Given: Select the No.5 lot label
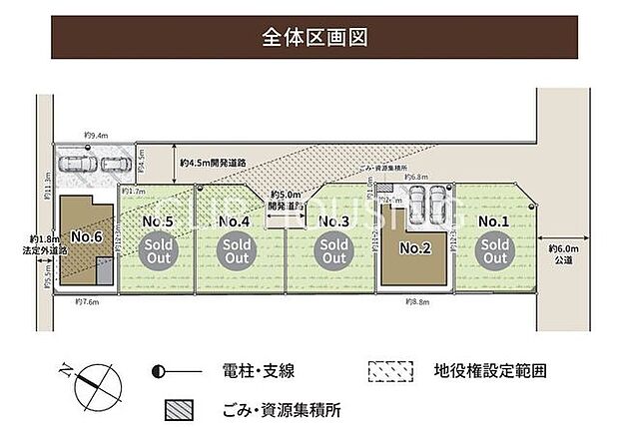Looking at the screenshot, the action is [x=158, y=220].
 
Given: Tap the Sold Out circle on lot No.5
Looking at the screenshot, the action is [x=158, y=250].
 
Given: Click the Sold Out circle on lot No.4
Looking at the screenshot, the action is [x=236, y=250].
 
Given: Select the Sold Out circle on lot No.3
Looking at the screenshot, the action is [x=332, y=250].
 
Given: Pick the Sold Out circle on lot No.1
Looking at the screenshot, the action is [x=494, y=250].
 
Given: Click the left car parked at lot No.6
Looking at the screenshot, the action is [x=77, y=166].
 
